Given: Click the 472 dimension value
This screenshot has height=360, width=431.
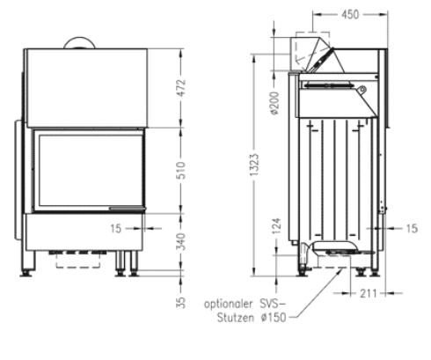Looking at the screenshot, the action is point(181,87).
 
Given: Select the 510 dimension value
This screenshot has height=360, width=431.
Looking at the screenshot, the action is point(181,170).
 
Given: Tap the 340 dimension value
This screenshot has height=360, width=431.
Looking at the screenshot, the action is point(181,241).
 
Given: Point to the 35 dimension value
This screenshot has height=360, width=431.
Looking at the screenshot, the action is point(181,303).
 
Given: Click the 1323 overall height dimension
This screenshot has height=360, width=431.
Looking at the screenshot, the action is point(254,165).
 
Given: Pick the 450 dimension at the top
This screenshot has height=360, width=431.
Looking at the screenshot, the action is point(350,14).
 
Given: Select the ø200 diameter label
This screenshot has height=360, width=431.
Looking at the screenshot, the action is point(275,103).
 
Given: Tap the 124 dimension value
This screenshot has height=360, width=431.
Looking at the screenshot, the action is point(276,226).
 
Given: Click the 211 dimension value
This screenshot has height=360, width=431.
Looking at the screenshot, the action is point(368,293).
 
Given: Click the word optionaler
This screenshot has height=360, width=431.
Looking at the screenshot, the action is point(228,304).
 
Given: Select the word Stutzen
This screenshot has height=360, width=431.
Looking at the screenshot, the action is point(236,318).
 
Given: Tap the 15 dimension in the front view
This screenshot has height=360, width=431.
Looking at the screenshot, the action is point(116,229).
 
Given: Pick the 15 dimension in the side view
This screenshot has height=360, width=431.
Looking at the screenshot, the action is point(412,228).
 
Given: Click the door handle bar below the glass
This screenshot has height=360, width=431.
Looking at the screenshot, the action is point(128,209).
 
